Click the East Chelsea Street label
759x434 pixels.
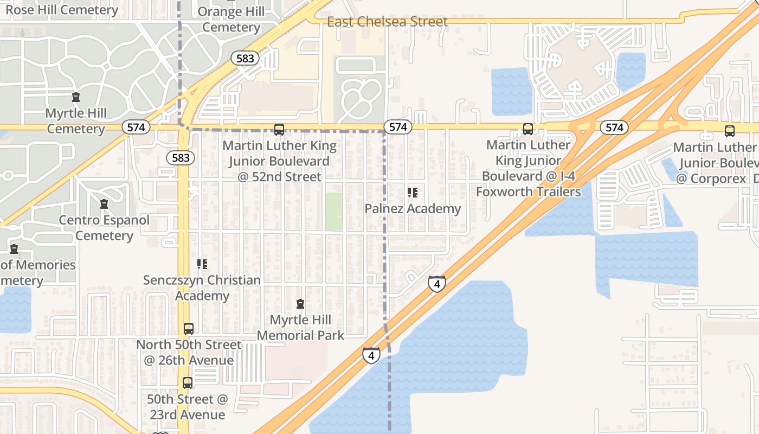[387, 22]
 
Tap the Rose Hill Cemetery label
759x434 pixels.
[61, 10]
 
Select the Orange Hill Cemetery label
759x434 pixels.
[231, 20]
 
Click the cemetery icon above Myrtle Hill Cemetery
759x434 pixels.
[76, 98]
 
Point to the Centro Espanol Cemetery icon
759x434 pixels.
[104, 205]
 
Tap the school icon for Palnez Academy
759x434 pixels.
[413, 193]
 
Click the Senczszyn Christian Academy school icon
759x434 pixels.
[202, 264]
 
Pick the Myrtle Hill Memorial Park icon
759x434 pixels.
[300, 304]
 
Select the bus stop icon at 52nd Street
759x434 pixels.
[279, 129]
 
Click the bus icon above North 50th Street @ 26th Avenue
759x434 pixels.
[188, 329]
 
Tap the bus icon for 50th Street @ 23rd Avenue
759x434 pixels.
[188, 383]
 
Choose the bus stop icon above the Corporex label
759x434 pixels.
[730, 131]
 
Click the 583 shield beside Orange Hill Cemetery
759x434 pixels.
[245, 58]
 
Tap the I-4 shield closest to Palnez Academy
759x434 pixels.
[436, 283]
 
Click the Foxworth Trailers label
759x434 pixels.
[528, 192]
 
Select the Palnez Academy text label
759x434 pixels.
[413, 209]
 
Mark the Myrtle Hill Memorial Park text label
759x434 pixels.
[300, 328]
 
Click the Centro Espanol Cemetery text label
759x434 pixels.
[104, 228]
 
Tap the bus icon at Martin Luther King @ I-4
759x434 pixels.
[528, 129]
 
